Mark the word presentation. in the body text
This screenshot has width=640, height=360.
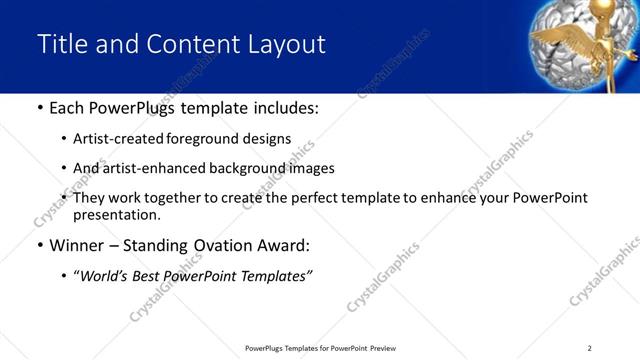pyautogui.click(x=116, y=215)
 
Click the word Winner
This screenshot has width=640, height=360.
pyautogui.click(x=77, y=245)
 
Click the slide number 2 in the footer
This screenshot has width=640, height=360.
pyautogui.click(x=589, y=348)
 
